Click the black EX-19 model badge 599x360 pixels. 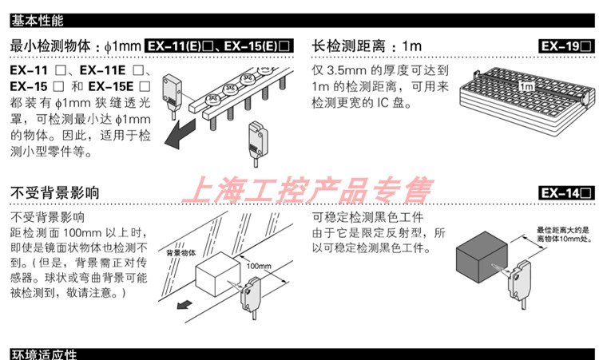coord(566,46)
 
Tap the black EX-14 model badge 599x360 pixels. coord(566,192)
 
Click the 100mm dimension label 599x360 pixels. coord(260,266)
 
